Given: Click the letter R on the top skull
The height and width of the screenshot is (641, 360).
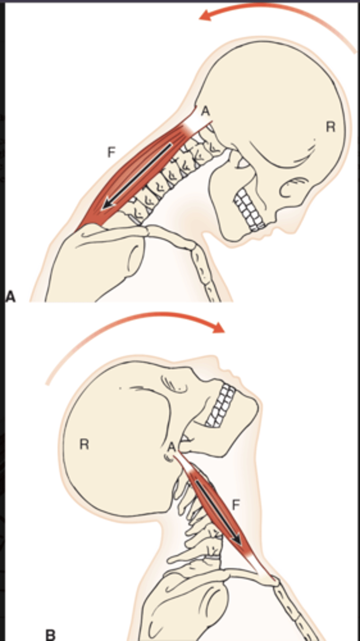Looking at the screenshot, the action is tap(331, 127).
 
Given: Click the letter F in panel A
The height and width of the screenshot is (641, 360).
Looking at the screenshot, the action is tap(111, 153).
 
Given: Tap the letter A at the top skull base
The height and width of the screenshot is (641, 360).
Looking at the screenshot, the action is tap(205, 112).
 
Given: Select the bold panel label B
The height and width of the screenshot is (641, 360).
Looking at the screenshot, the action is tap(50, 635).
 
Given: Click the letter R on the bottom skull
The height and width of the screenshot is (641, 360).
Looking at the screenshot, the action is tap(84, 444).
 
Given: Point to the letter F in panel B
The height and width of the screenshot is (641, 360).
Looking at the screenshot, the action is tap(236, 504).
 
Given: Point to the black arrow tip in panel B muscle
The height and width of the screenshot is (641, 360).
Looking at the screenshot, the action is tap(238, 543).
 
